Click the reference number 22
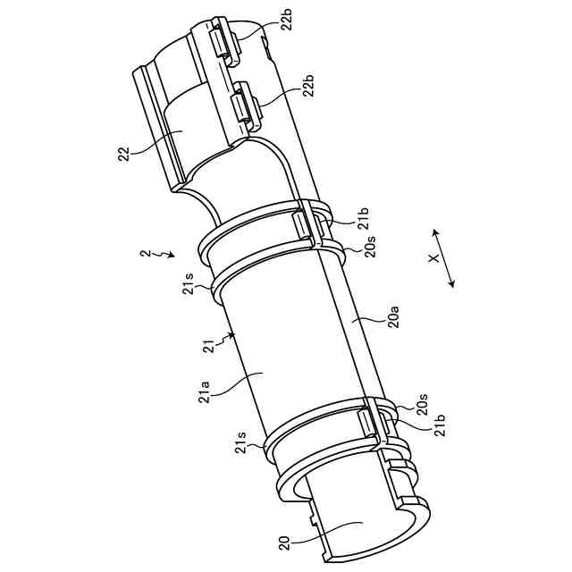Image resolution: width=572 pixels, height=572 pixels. click(123, 155)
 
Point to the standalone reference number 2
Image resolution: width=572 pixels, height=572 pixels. click(146, 254)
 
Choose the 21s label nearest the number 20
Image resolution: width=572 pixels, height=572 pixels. click(241, 442)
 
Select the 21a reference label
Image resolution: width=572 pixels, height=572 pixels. click(204, 390)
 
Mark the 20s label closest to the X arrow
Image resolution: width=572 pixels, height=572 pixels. click(371, 247)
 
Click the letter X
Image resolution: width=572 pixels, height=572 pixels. click(431, 257)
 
